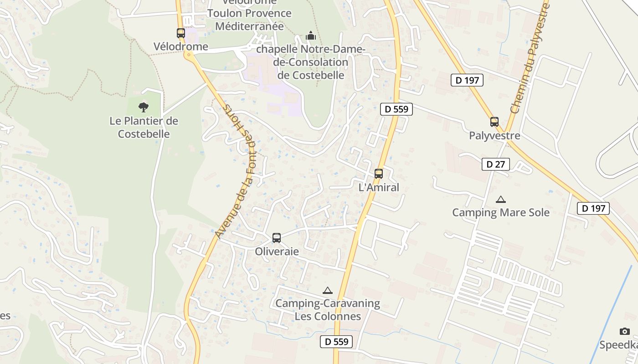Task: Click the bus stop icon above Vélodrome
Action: [181, 33]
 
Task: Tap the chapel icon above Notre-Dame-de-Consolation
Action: [311, 35]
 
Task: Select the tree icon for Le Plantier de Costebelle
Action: [144, 107]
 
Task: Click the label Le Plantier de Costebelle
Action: [144, 127]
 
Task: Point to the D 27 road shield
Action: [496, 164]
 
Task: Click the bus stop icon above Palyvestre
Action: [494, 121]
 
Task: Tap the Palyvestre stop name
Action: [494, 136]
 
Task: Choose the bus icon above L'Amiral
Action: [378, 173]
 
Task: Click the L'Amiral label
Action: [379, 187]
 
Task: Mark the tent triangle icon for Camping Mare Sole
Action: [501, 199]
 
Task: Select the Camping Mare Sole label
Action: [501, 212]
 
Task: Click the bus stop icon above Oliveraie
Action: [277, 238]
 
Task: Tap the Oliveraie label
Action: [277, 251]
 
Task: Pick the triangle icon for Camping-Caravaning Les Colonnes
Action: [327, 290]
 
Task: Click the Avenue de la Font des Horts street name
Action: [238, 171]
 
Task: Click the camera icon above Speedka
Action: [624, 331]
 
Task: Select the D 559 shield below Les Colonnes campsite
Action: [336, 342]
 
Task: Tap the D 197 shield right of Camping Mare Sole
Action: [593, 208]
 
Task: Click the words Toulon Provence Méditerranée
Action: [249, 20]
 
